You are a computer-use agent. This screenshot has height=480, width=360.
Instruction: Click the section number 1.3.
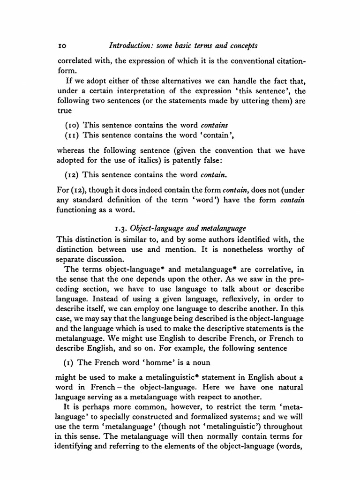pos(121,228)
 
